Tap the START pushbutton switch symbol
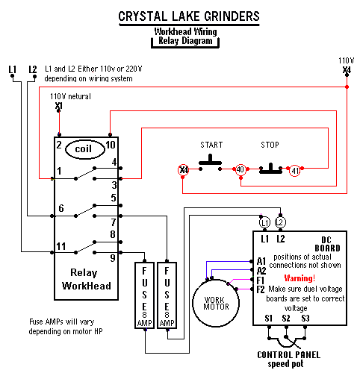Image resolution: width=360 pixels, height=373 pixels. pos(210,163)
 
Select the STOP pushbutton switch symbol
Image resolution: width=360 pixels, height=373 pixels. pos(270,169)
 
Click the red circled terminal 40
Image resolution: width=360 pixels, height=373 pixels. pos(240,170)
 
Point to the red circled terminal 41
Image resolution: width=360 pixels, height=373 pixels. pos(295,171)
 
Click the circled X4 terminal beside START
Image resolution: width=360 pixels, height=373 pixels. pos(184,170)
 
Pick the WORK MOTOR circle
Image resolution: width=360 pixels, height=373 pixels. pos(216,303)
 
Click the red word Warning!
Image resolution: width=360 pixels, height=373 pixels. pos(300,278)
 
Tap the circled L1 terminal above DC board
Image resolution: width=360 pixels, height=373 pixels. pos(264,222)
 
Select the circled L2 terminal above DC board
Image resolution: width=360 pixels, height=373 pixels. pos(280,222)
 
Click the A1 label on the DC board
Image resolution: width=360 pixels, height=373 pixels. pos(261,261)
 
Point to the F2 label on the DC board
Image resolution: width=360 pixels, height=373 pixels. pos(261,289)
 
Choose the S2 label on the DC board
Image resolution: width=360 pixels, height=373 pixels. pos(286,319)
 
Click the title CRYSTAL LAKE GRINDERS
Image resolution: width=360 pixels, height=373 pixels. pos(189,16)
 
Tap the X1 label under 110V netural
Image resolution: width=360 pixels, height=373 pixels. pos(59,106)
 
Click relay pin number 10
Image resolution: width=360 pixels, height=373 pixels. pos(111,145)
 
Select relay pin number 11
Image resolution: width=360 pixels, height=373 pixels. pos(61,246)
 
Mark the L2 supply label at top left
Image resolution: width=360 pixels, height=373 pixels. pos(33,69)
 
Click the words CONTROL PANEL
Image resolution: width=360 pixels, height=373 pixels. pos(289,355)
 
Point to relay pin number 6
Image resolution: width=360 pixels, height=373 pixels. pos(61,208)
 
